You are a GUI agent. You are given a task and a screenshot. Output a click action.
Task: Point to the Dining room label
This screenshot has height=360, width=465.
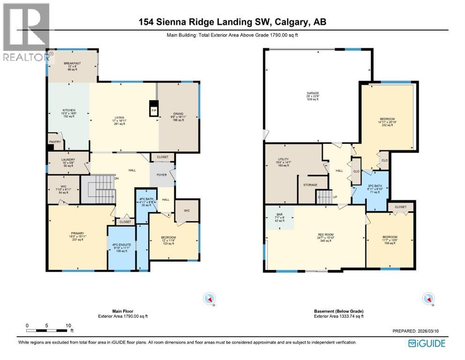(179, 114)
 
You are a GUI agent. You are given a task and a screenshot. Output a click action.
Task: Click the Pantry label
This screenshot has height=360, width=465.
(55, 141)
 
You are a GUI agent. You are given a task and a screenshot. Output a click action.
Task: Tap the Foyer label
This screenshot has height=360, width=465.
(161, 175)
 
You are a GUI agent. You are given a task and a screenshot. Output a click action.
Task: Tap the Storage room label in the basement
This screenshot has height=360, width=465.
(310, 185)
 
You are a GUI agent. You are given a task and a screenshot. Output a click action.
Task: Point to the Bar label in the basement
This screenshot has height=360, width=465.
(279, 215)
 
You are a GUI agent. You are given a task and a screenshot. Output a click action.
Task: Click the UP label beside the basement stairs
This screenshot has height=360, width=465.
(335, 197)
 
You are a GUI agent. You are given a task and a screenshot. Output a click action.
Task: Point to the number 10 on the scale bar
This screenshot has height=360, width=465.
(68, 325)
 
